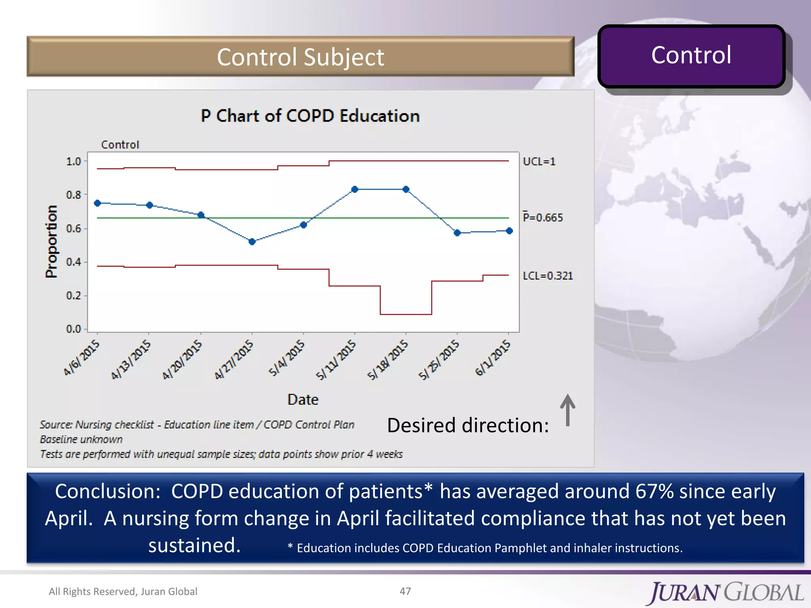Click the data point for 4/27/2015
click(252, 241)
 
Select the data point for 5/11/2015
click(354, 189)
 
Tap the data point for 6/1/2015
click(509, 231)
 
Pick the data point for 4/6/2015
click(97, 203)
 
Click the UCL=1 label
click(539, 161)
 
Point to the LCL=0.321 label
click(548, 275)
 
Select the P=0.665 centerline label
click(543, 217)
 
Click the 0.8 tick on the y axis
click(74, 195)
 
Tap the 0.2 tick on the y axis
click(74, 296)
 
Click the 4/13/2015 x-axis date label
click(131, 359)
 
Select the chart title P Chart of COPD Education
click(310, 116)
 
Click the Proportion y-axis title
click(51, 241)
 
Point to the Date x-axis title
click(303, 399)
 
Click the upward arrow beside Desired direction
click(567, 410)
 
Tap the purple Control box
click(691, 55)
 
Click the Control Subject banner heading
click(300, 57)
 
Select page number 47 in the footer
click(405, 591)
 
